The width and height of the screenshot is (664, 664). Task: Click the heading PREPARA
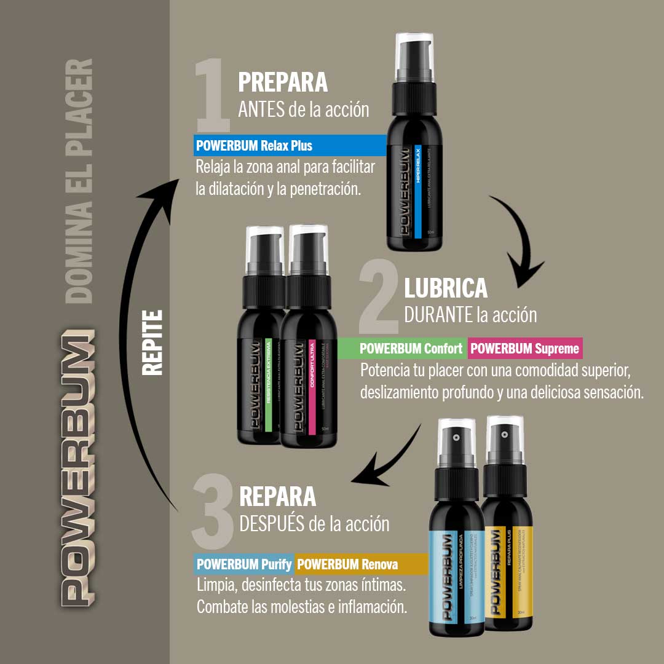click(283, 82)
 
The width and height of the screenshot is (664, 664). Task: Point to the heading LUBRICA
click(446, 288)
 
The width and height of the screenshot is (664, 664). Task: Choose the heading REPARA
click(277, 496)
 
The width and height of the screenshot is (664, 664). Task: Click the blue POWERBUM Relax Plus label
click(254, 146)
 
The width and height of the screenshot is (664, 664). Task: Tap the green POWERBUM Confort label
click(411, 349)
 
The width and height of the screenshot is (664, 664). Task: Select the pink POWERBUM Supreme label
click(525, 349)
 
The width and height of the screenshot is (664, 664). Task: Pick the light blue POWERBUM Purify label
click(244, 564)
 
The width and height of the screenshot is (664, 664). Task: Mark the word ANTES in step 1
click(261, 109)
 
